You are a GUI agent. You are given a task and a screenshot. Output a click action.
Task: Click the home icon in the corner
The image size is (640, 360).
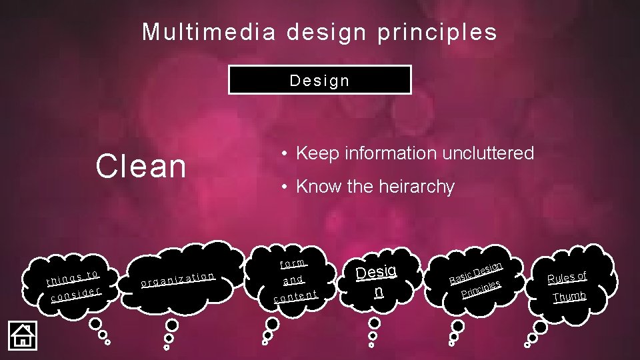pyautogui.click(x=22, y=335)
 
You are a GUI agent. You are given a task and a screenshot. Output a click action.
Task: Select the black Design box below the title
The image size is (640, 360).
pyautogui.click(x=319, y=80)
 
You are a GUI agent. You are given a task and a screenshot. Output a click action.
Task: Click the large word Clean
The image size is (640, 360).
pyautogui.click(x=141, y=167)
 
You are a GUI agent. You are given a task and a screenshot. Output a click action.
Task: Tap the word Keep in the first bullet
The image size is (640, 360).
pyautogui.click(x=316, y=153)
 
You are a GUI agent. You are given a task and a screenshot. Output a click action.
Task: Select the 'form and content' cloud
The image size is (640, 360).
pyautogui.click(x=294, y=279)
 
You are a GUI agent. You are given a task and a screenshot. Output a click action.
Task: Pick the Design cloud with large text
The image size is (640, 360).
pyautogui.click(x=377, y=281)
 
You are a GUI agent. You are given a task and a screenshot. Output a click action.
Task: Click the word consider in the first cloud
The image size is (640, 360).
pyautogui.click(x=76, y=294)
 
